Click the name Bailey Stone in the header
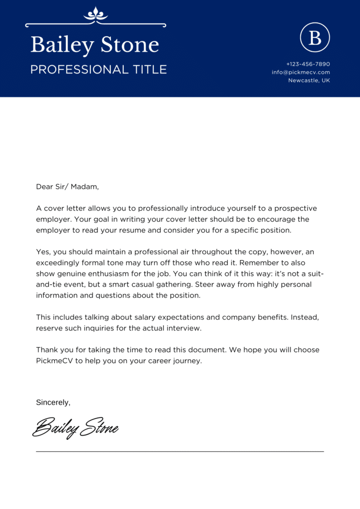point(94,45)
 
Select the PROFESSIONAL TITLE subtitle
point(98,70)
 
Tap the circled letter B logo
point(315,37)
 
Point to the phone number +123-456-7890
point(308,64)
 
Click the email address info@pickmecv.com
point(301,72)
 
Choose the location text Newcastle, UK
point(309,80)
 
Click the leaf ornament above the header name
point(95,14)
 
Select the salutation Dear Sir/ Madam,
point(68,187)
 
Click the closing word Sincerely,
point(53,402)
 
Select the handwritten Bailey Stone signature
point(75,427)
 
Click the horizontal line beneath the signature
point(180,451)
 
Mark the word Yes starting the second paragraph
point(42,252)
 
